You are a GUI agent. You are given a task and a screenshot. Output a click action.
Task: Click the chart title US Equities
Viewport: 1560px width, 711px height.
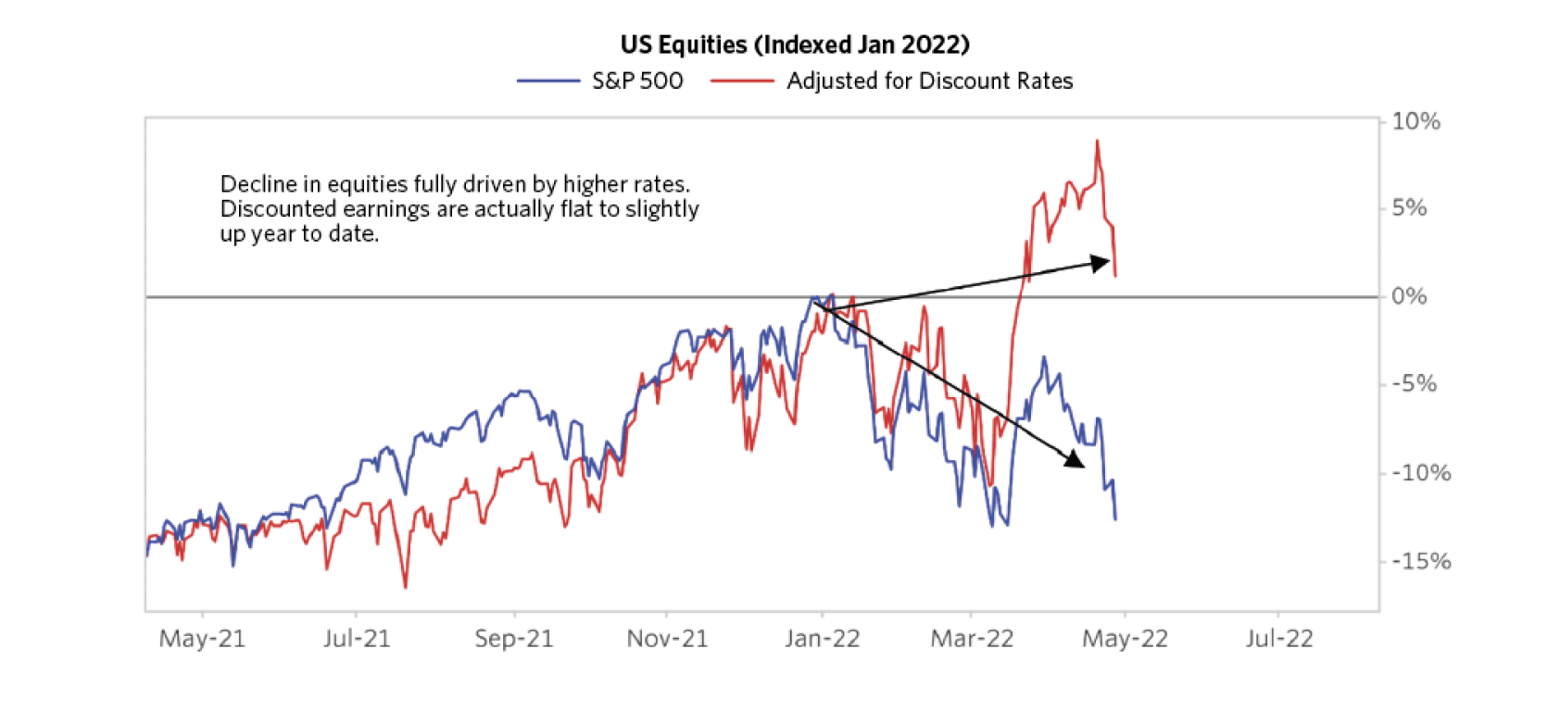(x=795, y=44)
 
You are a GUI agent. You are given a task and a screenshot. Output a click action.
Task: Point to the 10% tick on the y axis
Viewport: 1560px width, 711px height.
(x=1415, y=121)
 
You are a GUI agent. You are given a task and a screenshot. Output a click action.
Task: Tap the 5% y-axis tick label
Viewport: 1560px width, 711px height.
(x=1409, y=208)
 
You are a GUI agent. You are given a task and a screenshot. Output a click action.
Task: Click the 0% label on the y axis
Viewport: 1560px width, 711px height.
(x=1409, y=296)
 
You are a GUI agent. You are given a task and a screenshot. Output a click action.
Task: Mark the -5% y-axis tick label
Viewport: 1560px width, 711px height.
(x=1414, y=384)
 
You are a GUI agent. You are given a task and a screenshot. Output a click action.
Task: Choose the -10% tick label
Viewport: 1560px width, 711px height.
(x=1420, y=473)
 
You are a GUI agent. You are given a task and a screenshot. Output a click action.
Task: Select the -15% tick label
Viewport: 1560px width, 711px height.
(x=1420, y=561)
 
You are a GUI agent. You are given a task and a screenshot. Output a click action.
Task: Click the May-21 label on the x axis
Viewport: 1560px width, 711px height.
(x=202, y=639)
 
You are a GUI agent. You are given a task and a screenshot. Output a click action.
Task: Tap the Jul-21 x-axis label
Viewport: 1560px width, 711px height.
(x=357, y=639)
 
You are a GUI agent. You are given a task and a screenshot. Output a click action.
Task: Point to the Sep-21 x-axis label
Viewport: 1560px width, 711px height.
(x=514, y=639)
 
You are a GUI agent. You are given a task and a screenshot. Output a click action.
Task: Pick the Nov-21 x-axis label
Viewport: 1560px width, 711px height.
(x=667, y=639)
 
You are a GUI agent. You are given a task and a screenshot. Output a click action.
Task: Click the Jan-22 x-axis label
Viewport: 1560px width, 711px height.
(x=822, y=639)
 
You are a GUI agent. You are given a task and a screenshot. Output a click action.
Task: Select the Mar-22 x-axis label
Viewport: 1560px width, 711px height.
(x=972, y=639)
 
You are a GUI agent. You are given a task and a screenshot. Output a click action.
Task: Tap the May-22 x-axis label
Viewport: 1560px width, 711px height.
(x=1125, y=639)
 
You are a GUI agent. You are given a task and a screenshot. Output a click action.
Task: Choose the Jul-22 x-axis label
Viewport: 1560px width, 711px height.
(x=1278, y=639)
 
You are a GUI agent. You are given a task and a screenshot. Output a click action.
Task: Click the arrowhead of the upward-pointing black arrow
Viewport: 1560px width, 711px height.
(x=1101, y=263)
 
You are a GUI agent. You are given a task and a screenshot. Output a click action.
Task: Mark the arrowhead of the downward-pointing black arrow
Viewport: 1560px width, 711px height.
(x=1076, y=459)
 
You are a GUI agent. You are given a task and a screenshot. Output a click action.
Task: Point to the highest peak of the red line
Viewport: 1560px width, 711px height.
(x=1097, y=141)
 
